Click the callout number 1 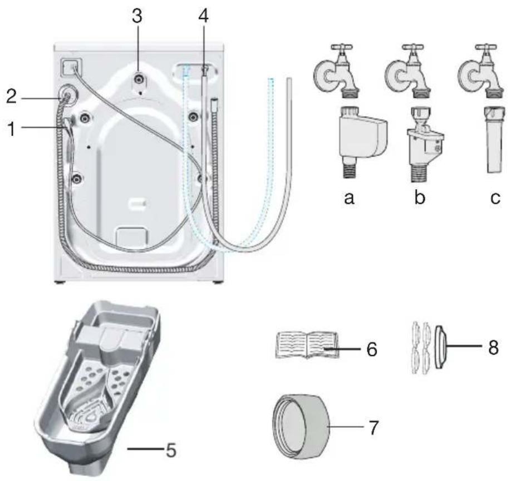[12, 128]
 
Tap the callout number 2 [11, 96]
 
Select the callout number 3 [137, 16]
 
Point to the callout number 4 [203, 16]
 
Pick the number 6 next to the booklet [372, 349]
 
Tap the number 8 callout [493, 347]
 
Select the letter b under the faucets [420, 196]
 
